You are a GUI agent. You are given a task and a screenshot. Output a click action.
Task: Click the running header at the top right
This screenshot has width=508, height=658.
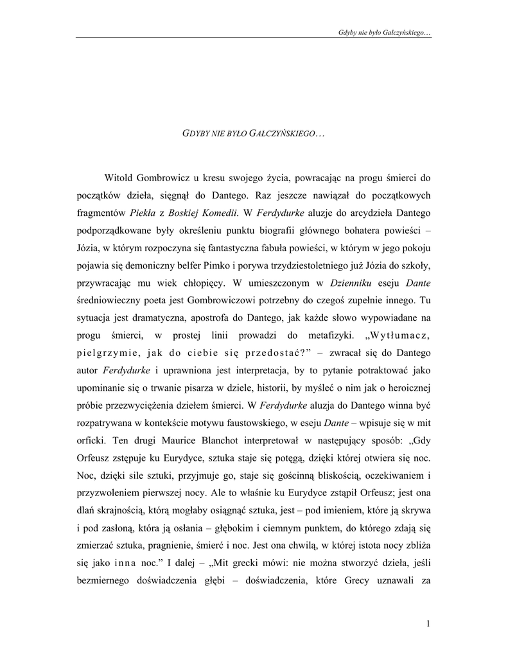point(384,31)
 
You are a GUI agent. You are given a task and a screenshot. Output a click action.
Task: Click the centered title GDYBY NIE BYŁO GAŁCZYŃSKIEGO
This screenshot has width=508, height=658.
point(253,133)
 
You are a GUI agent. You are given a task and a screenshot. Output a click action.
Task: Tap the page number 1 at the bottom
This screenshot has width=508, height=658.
point(427,623)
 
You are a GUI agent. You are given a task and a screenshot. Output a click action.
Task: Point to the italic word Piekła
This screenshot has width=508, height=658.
point(145,212)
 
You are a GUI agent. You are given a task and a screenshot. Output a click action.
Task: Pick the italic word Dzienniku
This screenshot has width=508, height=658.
point(349,282)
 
